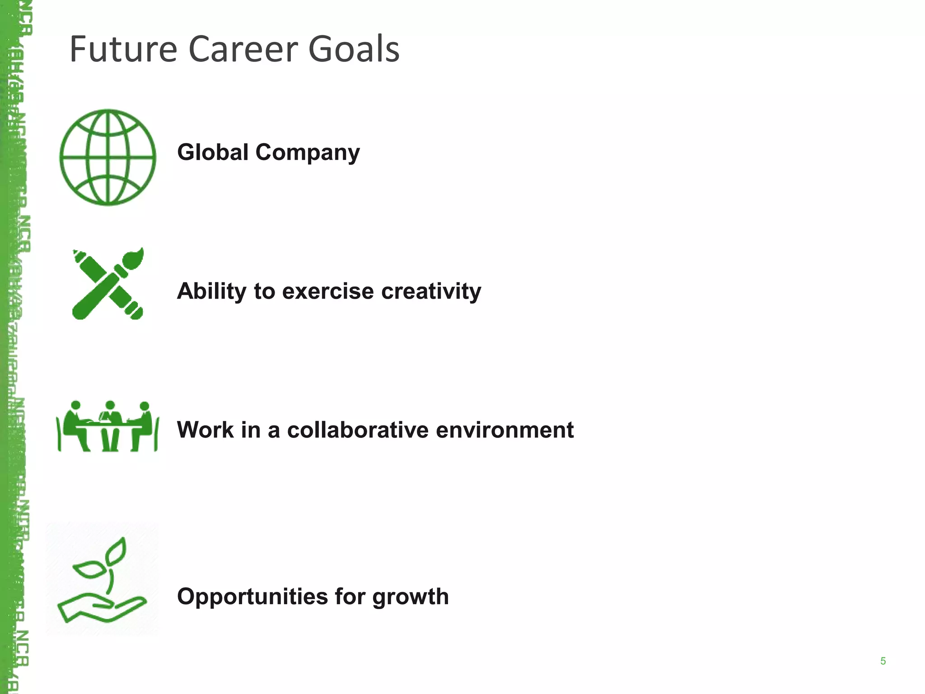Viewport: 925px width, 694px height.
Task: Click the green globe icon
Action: click(108, 157)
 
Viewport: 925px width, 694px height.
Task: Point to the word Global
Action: click(213, 152)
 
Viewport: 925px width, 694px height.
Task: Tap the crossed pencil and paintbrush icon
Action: click(108, 284)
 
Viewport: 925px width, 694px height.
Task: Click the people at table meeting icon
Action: click(107, 427)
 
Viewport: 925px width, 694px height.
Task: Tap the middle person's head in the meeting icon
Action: click(110, 405)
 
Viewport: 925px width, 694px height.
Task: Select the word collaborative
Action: click(358, 430)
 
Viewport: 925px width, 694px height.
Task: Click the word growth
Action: click(411, 597)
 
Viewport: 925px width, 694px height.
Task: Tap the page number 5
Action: click(883, 661)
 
